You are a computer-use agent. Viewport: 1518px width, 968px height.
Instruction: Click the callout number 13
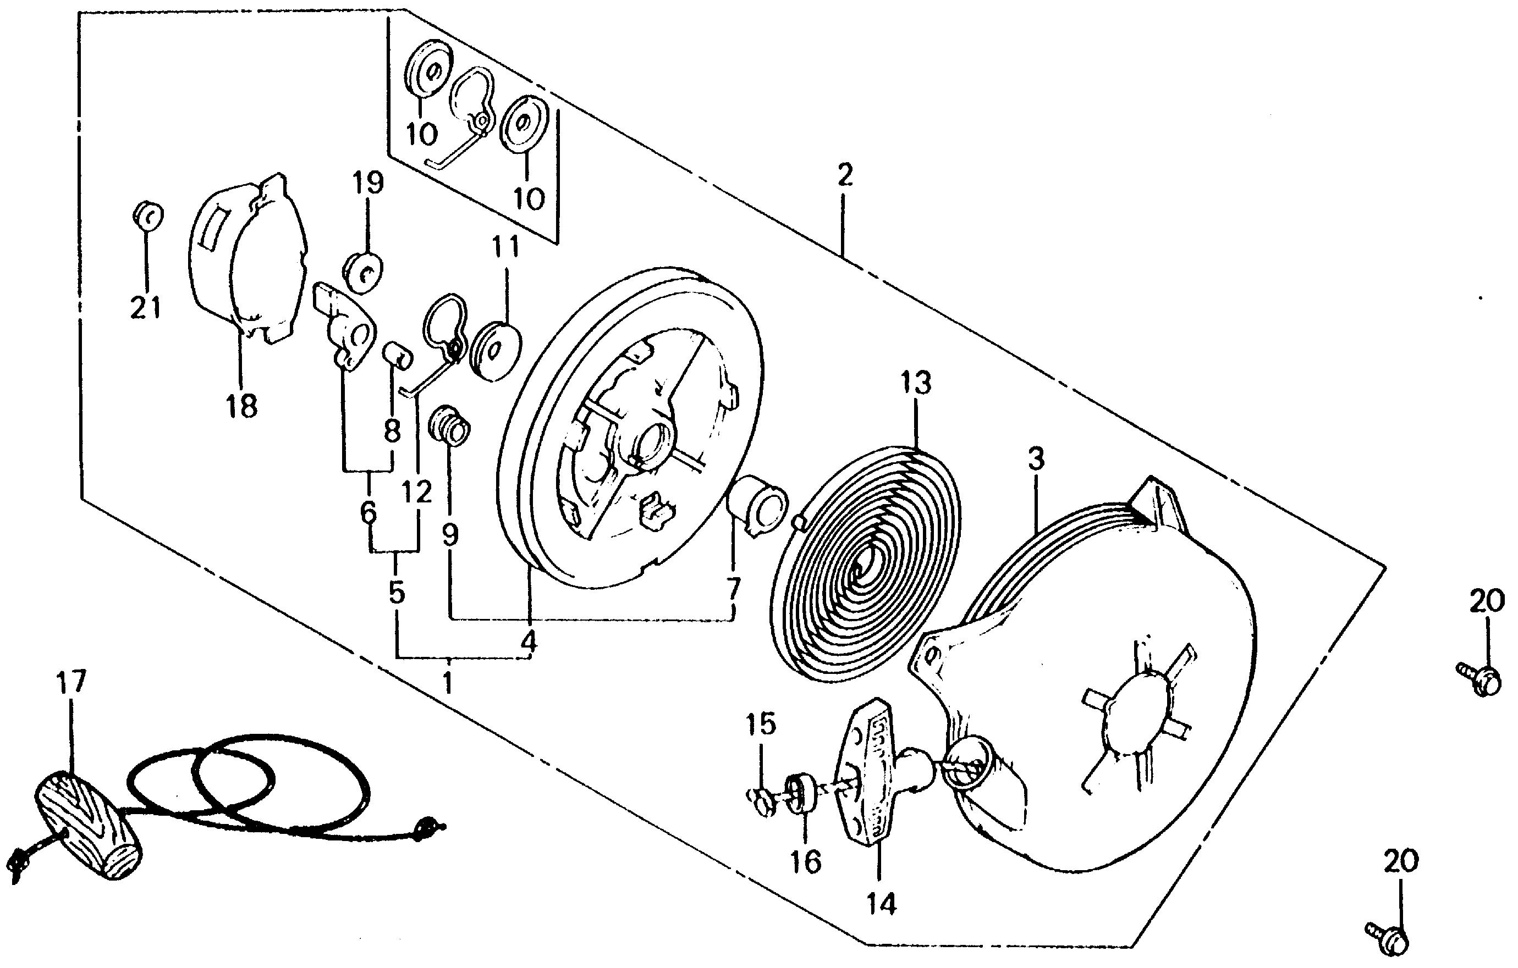[915, 384]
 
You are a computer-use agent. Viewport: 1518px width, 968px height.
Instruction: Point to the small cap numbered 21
[147, 216]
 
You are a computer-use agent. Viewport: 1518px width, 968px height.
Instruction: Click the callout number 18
[243, 406]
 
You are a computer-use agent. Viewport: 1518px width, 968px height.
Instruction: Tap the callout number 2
[845, 176]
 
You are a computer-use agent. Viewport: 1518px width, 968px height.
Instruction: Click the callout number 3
[1036, 460]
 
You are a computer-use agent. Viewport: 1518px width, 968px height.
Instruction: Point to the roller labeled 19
[363, 272]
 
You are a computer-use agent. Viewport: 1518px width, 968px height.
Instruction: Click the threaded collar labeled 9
[450, 427]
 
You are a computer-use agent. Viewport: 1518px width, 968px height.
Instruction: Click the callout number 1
[448, 683]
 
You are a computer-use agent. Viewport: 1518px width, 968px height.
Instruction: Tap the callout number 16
[806, 862]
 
